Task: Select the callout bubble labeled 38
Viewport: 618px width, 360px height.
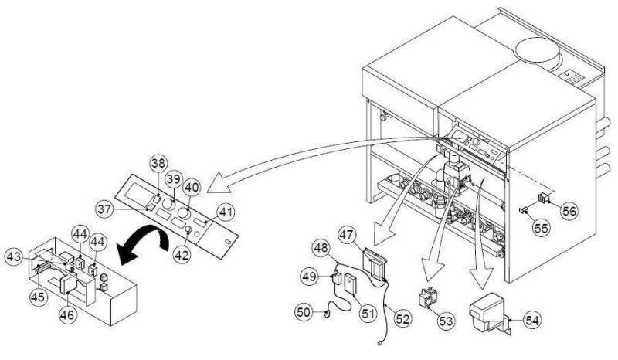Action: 158,164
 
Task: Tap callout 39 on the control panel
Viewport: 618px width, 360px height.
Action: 175,178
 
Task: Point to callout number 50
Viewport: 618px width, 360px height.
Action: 304,312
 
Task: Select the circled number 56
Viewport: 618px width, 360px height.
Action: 569,209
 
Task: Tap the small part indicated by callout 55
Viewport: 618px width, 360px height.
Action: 523,209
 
